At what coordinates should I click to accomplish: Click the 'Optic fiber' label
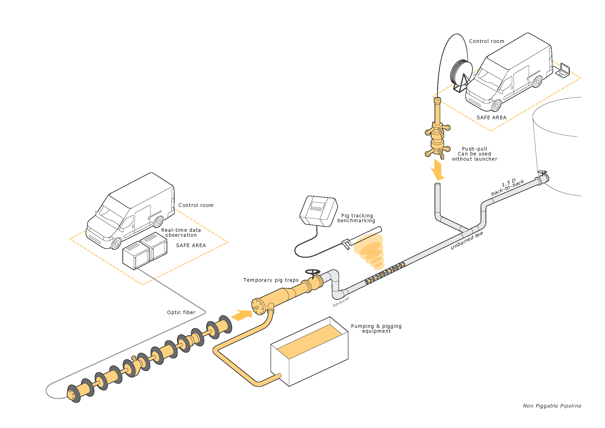point(181,312)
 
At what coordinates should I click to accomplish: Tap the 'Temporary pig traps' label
point(271,280)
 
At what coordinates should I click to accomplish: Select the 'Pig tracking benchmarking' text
point(357,218)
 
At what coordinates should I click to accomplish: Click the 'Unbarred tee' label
point(467,241)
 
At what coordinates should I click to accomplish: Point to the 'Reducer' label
point(341,301)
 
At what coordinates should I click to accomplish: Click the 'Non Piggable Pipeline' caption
point(552,406)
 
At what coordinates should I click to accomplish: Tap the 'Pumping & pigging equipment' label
point(376,329)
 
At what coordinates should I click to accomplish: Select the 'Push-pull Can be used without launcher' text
point(475,154)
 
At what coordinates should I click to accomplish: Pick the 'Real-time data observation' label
point(181,233)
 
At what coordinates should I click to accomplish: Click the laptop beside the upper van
point(563,70)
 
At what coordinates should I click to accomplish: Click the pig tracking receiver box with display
point(319,211)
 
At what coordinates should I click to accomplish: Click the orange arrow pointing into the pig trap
point(242,315)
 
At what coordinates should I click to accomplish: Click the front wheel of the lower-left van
point(116,244)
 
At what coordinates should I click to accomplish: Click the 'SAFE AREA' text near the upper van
point(491,117)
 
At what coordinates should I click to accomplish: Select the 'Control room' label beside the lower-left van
point(196,205)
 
